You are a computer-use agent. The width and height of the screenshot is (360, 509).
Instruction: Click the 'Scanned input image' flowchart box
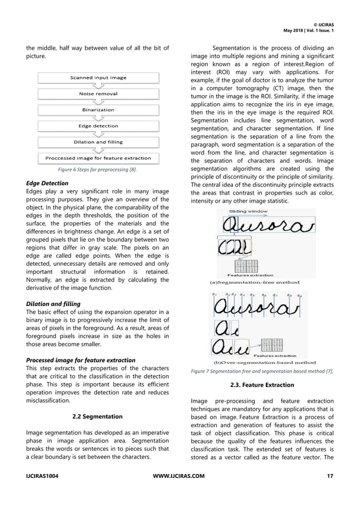[98, 77]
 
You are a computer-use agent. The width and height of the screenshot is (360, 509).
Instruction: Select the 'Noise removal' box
[98, 94]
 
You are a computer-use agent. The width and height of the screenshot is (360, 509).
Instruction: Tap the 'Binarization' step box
[98, 109]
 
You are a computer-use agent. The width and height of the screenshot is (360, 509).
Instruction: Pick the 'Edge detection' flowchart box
[98, 126]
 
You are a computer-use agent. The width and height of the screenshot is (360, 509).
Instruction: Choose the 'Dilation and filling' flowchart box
[98, 142]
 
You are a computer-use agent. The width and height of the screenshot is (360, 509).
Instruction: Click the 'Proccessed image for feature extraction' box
[98, 158]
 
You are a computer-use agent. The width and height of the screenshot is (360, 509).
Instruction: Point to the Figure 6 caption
[98, 169]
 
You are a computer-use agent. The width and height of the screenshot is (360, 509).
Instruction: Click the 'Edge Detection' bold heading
[48, 183]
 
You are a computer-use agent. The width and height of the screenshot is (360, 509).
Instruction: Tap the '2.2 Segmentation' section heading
[98, 416]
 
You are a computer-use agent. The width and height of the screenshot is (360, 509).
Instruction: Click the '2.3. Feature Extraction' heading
[262, 385]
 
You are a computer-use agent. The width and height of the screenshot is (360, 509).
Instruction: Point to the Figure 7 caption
[262, 371]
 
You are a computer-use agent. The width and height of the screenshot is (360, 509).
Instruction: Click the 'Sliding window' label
[248, 211]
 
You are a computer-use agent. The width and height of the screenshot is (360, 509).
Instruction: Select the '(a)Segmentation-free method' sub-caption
[255, 282]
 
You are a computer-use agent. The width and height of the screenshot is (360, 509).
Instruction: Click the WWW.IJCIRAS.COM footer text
[179, 476]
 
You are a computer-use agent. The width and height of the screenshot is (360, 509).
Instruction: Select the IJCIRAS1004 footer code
[42, 476]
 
